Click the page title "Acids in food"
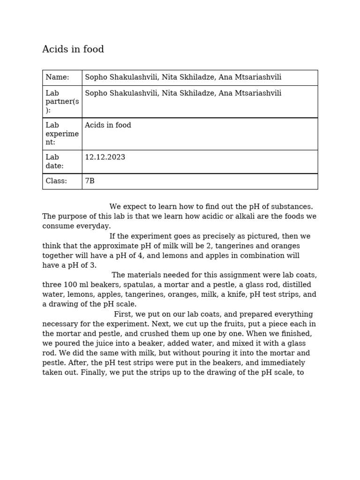73,50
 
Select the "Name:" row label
57,77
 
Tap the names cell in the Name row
183,77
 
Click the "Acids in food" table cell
108,125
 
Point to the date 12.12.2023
105,157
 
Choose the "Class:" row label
56,181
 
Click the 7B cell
90,181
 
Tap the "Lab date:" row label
54,162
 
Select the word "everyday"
96,226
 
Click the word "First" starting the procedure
123,315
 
